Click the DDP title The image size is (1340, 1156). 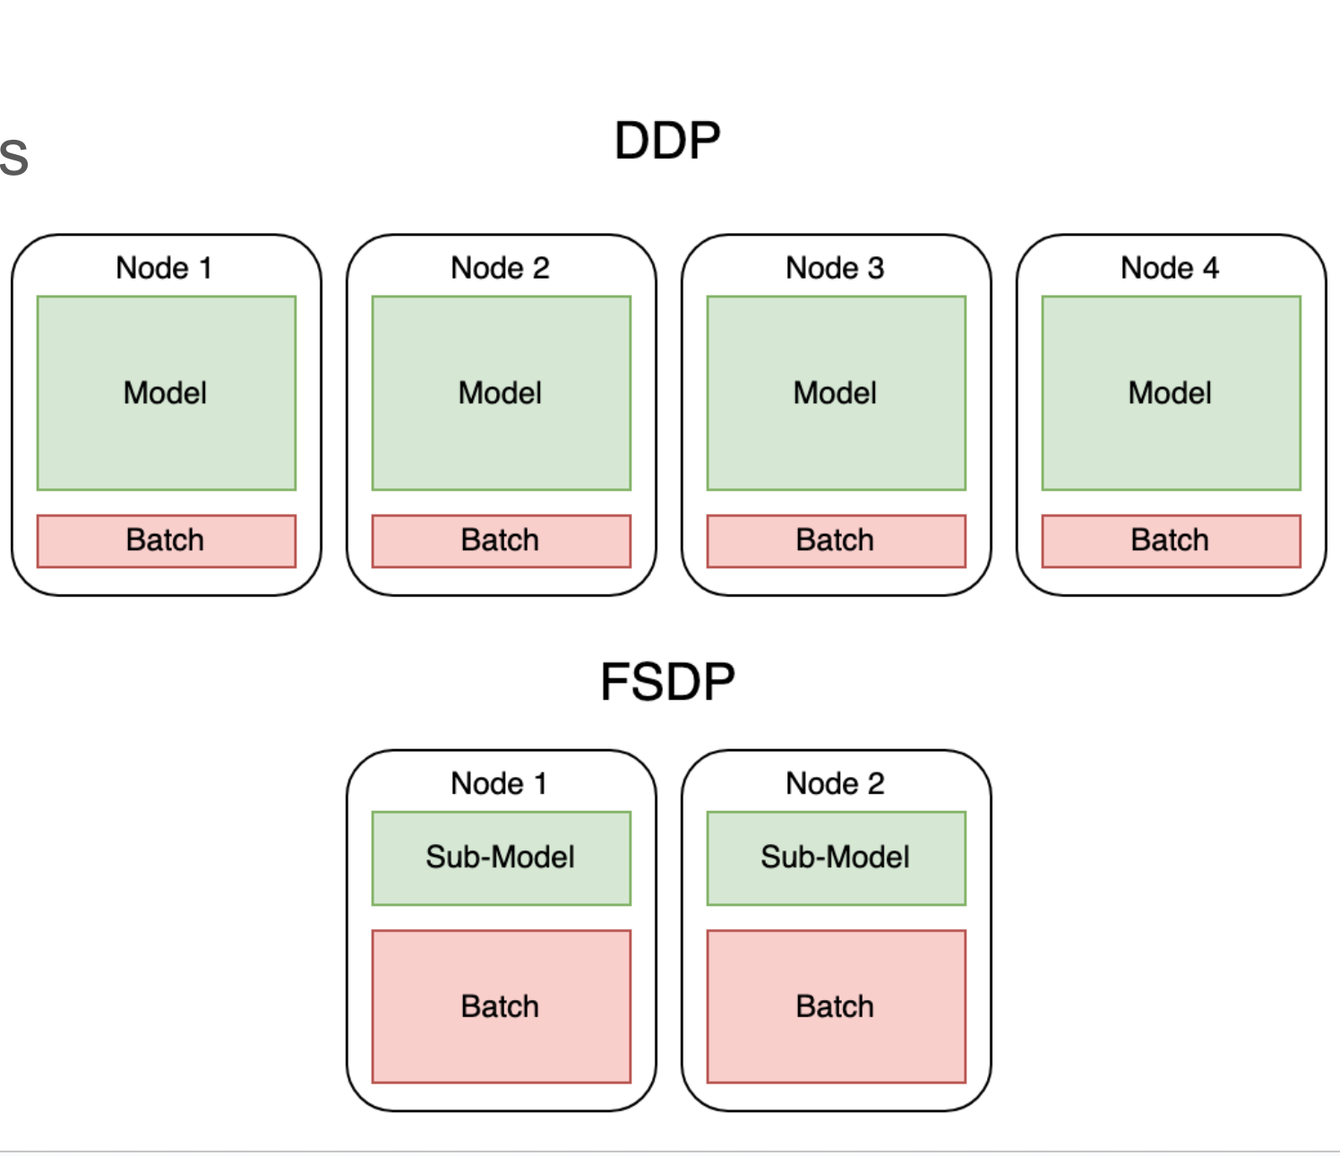tap(667, 141)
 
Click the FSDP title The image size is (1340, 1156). tap(667, 682)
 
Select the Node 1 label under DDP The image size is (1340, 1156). tap(165, 268)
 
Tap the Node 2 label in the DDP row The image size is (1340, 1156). tap(500, 268)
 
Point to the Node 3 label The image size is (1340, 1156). tap(835, 268)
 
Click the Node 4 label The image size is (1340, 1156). tap(1170, 268)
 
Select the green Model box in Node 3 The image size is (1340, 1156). tap(836, 393)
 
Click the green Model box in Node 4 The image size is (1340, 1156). tap(1171, 393)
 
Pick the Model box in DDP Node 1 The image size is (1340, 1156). tap(166, 393)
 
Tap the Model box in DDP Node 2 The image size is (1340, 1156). tap(501, 393)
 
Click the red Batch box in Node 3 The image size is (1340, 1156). tap(836, 540)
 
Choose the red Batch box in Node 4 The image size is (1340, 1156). tap(1171, 540)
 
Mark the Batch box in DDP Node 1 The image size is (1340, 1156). tap(166, 540)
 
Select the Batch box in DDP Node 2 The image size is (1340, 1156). tap(501, 540)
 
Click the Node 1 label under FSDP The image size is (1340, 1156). tap(500, 783)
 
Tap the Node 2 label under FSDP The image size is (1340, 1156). tap(835, 783)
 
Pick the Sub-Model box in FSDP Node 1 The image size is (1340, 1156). tap(501, 858)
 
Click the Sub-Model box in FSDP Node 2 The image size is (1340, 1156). tap(836, 858)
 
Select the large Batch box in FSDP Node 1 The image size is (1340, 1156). tap(501, 1006)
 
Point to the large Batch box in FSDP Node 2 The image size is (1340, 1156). tap(836, 1006)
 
